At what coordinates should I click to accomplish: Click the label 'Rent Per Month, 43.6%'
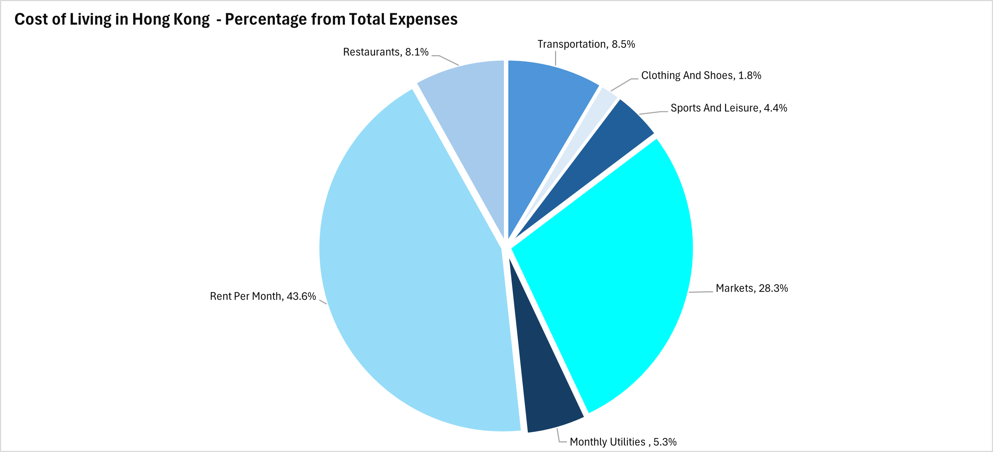pos(262,296)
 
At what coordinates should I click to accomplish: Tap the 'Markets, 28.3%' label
pos(751,288)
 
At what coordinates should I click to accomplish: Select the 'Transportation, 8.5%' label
pos(586,44)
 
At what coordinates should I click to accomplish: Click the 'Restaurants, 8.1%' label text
pos(385,52)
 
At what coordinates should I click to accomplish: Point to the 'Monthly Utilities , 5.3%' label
pos(623,442)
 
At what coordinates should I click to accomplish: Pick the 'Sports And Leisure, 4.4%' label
pos(729,108)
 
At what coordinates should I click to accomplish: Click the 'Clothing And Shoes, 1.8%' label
pos(701,75)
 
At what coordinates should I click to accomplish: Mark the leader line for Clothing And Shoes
pos(621,84)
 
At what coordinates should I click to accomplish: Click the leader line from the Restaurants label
pos(448,60)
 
